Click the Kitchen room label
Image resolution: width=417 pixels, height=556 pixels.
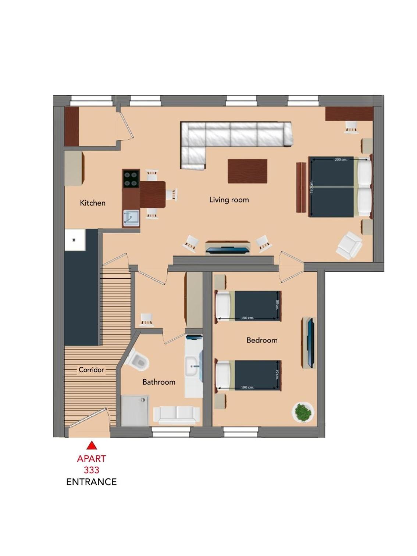pos(92,203)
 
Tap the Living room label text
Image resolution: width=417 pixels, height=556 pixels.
pos(229,200)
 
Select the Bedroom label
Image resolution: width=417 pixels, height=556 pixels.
pos(262,340)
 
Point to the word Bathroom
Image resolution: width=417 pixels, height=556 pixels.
pos(159,382)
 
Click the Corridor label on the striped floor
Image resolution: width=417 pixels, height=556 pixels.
pos(91,370)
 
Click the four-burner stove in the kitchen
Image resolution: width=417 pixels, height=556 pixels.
pos(131,179)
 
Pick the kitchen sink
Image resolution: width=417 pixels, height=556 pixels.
pos(131,219)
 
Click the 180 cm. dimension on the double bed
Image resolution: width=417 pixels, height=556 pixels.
pos(311,187)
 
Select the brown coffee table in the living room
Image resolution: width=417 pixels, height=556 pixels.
pos(247,171)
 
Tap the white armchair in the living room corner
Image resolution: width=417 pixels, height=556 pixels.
pos(349,246)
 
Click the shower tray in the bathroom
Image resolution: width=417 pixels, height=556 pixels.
pos(135,411)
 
